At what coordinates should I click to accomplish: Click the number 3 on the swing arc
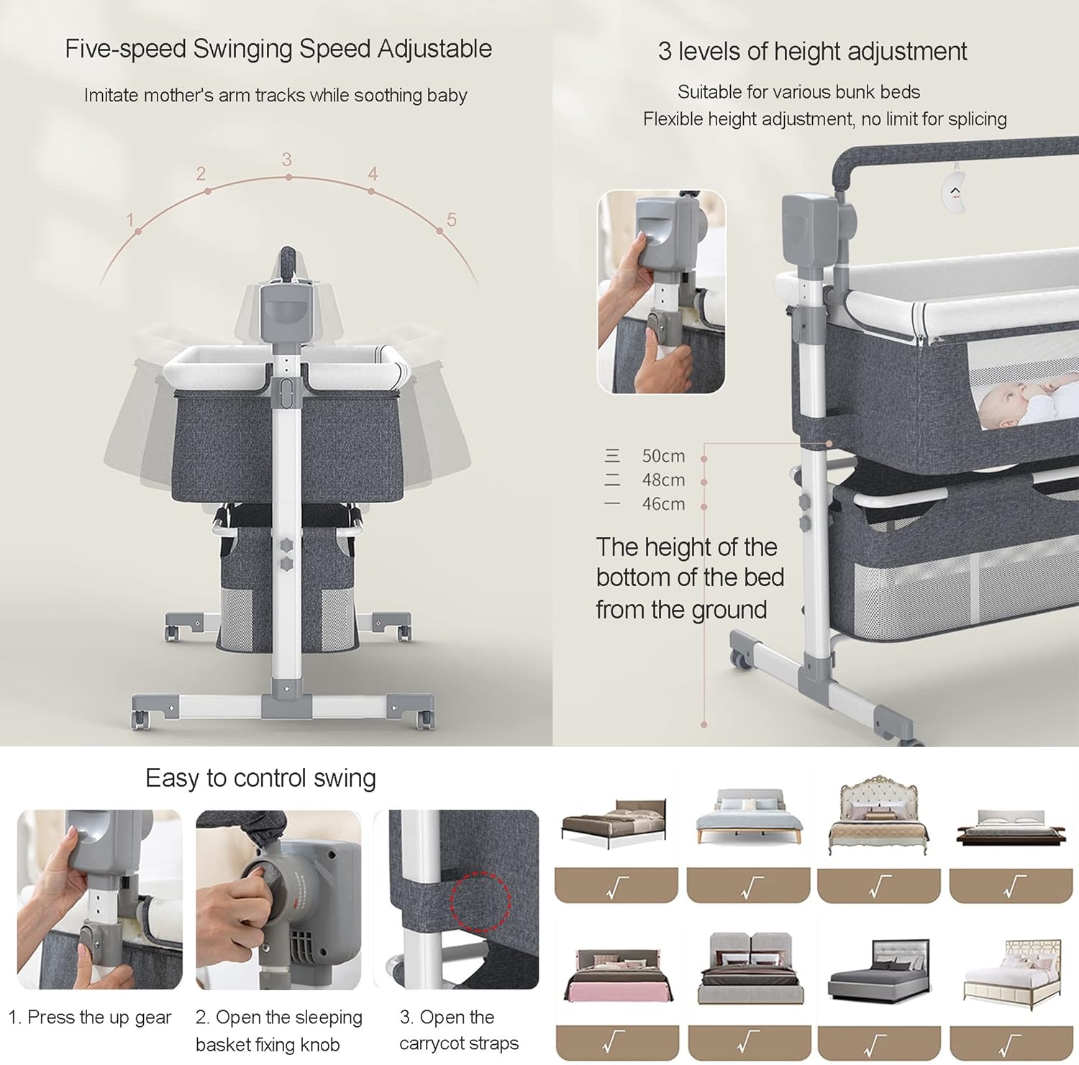click(286, 159)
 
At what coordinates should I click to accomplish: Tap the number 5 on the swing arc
click(451, 219)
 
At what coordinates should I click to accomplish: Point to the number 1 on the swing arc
click(130, 219)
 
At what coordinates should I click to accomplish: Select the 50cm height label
click(663, 456)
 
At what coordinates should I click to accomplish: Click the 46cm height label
click(663, 504)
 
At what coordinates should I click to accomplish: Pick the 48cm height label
click(663, 480)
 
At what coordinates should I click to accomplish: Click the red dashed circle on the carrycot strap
click(480, 901)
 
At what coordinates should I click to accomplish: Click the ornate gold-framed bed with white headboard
click(878, 815)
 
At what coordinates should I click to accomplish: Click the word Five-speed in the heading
click(126, 49)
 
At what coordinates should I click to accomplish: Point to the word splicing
click(977, 119)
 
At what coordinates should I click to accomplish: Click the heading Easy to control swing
click(260, 778)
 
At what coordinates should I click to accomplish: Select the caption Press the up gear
click(99, 1018)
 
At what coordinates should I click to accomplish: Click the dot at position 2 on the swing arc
click(208, 191)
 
